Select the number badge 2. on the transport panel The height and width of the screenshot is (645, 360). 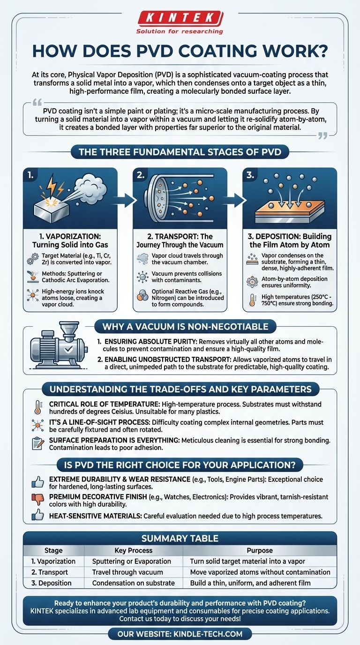(x=140, y=175)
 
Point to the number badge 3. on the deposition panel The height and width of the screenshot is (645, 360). (x=250, y=175)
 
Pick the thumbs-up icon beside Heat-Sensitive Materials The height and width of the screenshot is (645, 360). (x=37, y=516)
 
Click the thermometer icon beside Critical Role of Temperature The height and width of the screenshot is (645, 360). (x=37, y=407)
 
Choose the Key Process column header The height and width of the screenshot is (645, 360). (x=133, y=550)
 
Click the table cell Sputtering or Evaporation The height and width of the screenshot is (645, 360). (x=131, y=561)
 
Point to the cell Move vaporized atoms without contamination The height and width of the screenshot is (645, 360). (x=260, y=572)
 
